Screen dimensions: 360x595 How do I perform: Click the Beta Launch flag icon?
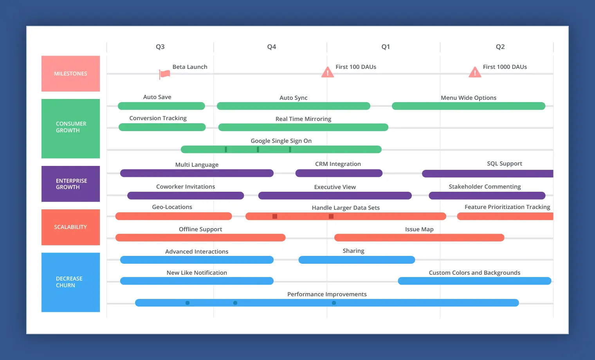tap(164, 74)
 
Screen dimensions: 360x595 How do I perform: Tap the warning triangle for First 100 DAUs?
tap(327, 72)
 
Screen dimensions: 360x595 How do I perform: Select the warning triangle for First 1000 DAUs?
tap(475, 72)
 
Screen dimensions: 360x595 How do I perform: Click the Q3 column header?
tap(160, 47)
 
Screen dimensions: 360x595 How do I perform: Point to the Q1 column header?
tap(386, 47)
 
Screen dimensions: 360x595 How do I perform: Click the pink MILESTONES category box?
tap(70, 74)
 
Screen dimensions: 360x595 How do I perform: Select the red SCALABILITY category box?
tap(70, 227)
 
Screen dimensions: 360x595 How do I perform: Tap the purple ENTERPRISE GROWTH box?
tap(70, 184)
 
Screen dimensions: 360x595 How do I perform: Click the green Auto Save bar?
tap(161, 106)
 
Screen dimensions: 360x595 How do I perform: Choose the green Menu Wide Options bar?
tap(468, 106)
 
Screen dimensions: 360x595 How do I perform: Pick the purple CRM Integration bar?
tap(339, 173)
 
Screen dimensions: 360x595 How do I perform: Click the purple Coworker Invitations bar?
tap(186, 196)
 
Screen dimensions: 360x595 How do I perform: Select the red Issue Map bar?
tap(419, 238)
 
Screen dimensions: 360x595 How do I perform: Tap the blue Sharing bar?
tap(356, 260)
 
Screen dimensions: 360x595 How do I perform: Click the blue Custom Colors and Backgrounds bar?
tap(474, 281)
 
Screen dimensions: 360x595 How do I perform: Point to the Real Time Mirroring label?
tap(303, 119)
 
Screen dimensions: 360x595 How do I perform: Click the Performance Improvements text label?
tap(327, 294)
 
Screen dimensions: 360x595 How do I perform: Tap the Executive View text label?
tap(335, 187)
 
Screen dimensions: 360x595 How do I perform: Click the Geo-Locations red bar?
tap(173, 216)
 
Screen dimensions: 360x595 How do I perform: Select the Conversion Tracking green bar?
tap(162, 127)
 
